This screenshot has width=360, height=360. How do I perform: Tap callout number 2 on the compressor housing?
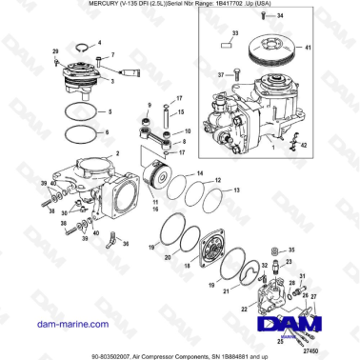point(117,153)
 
